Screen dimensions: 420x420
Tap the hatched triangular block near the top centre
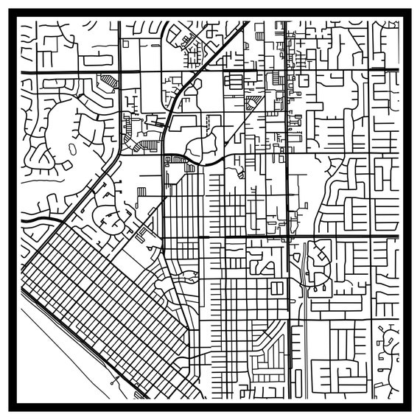253,104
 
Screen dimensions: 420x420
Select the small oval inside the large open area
71,149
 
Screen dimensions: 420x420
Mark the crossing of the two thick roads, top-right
285,70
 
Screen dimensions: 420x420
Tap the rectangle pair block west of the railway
277,288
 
